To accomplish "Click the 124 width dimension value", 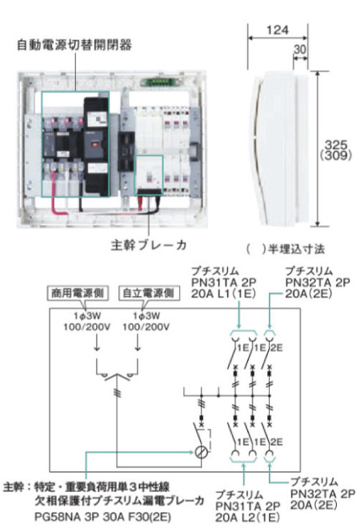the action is click(x=278, y=30).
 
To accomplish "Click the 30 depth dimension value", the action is click(x=300, y=50).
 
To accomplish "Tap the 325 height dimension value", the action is click(x=336, y=145).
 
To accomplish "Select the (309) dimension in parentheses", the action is click(x=336, y=155).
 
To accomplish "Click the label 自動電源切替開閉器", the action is click(x=74, y=45).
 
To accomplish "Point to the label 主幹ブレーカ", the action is click(x=149, y=245).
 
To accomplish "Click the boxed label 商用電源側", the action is click(x=78, y=293).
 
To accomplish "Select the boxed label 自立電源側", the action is click(x=149, y=293).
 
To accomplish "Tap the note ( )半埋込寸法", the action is click(x=286, y=249).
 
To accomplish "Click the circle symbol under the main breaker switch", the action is click(x=202, y=452).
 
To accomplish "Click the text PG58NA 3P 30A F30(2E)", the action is click(x=102, y=516).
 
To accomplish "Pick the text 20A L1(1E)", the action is click(x=223, y=294).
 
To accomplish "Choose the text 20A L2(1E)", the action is click(x=247, y=517).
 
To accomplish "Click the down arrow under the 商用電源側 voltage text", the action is click(x=97, y=343).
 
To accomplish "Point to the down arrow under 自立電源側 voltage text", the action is click(x=138, y=343).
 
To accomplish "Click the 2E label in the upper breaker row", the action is click(x=277, y=348).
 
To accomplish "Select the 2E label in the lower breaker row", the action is click(x=277, y=442).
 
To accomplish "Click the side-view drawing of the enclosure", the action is click(x=280, y=148).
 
